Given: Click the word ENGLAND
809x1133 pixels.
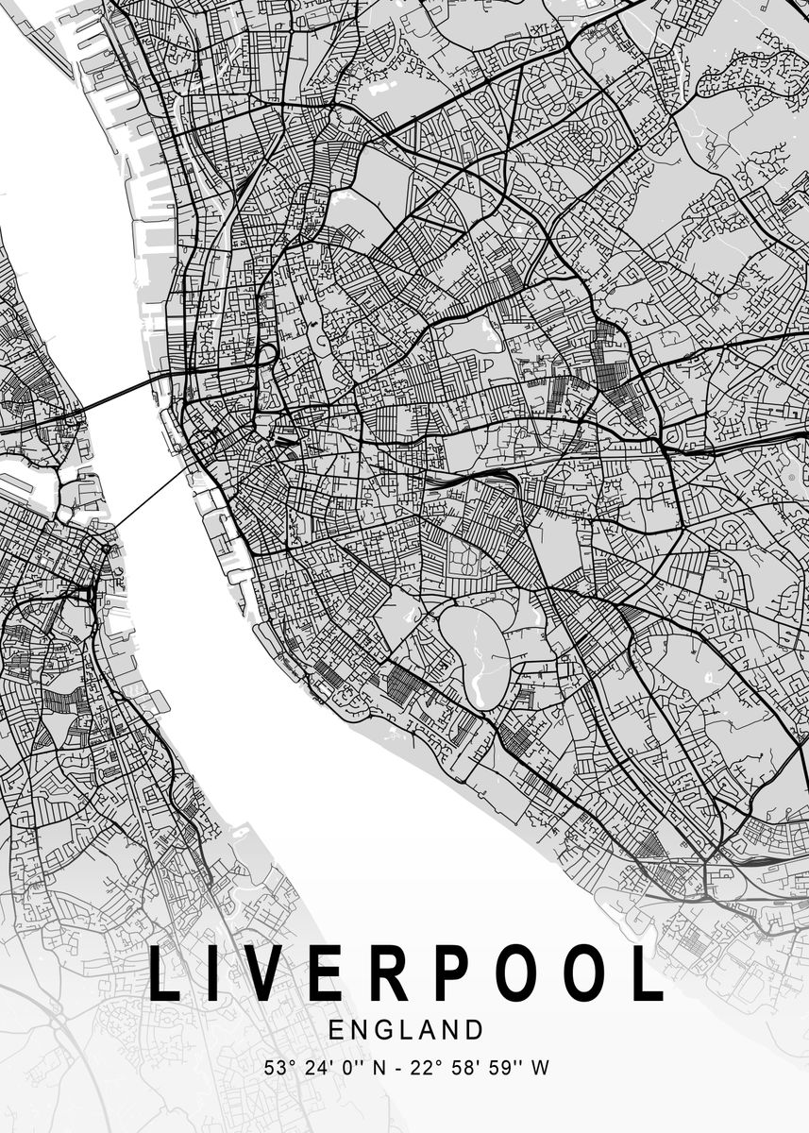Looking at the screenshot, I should click(x=405, y=1029).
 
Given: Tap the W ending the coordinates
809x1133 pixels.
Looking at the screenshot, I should click(x=541, y=1069).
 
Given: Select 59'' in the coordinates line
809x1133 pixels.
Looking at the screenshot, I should click(x=503, y=1069).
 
